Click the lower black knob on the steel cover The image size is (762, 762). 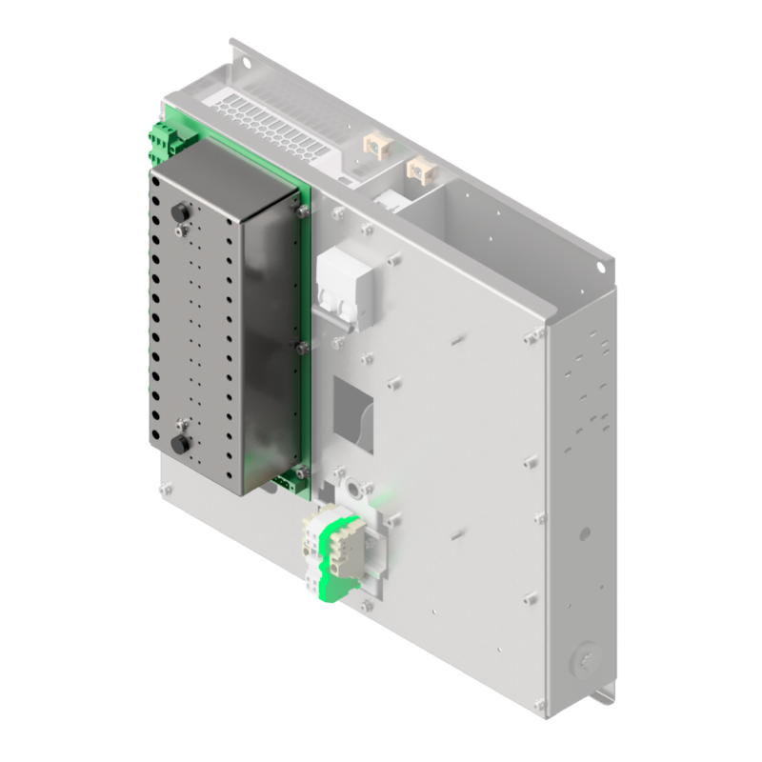pos(176,445)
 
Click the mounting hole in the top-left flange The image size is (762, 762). pos(244,64)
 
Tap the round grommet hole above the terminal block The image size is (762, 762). pos(356,489)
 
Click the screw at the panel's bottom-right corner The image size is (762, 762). pos(540,706)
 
